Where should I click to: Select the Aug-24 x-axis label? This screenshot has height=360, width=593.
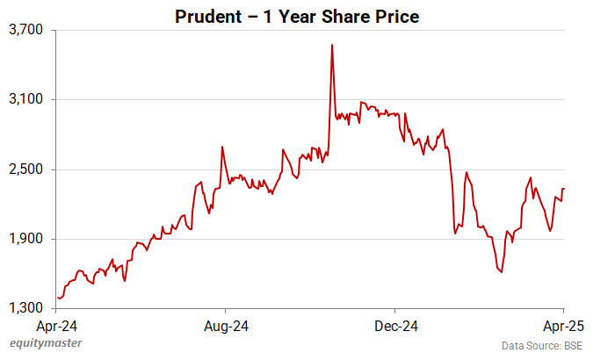tap(227, 327)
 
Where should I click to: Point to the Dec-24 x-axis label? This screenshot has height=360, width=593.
tap(395, 327)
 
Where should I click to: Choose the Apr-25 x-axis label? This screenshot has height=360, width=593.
tap(563, 327)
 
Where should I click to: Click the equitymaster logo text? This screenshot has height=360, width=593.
tap(41, 345)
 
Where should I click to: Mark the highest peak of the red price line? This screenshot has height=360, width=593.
tap(332, 45)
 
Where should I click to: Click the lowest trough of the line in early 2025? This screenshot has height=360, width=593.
tap(502, 272)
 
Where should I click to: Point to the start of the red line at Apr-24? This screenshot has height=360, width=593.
tap(58, 299)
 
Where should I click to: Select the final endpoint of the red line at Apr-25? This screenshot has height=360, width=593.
tap(564, 189)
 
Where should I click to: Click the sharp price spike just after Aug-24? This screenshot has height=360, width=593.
tap(222, 147)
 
